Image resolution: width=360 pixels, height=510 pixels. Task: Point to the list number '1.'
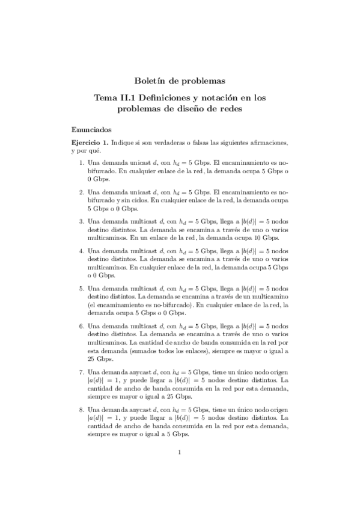pos(82,163)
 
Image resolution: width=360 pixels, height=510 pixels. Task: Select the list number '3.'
pos(82,221)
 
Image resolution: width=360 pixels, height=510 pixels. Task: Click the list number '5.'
pos(82,289)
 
